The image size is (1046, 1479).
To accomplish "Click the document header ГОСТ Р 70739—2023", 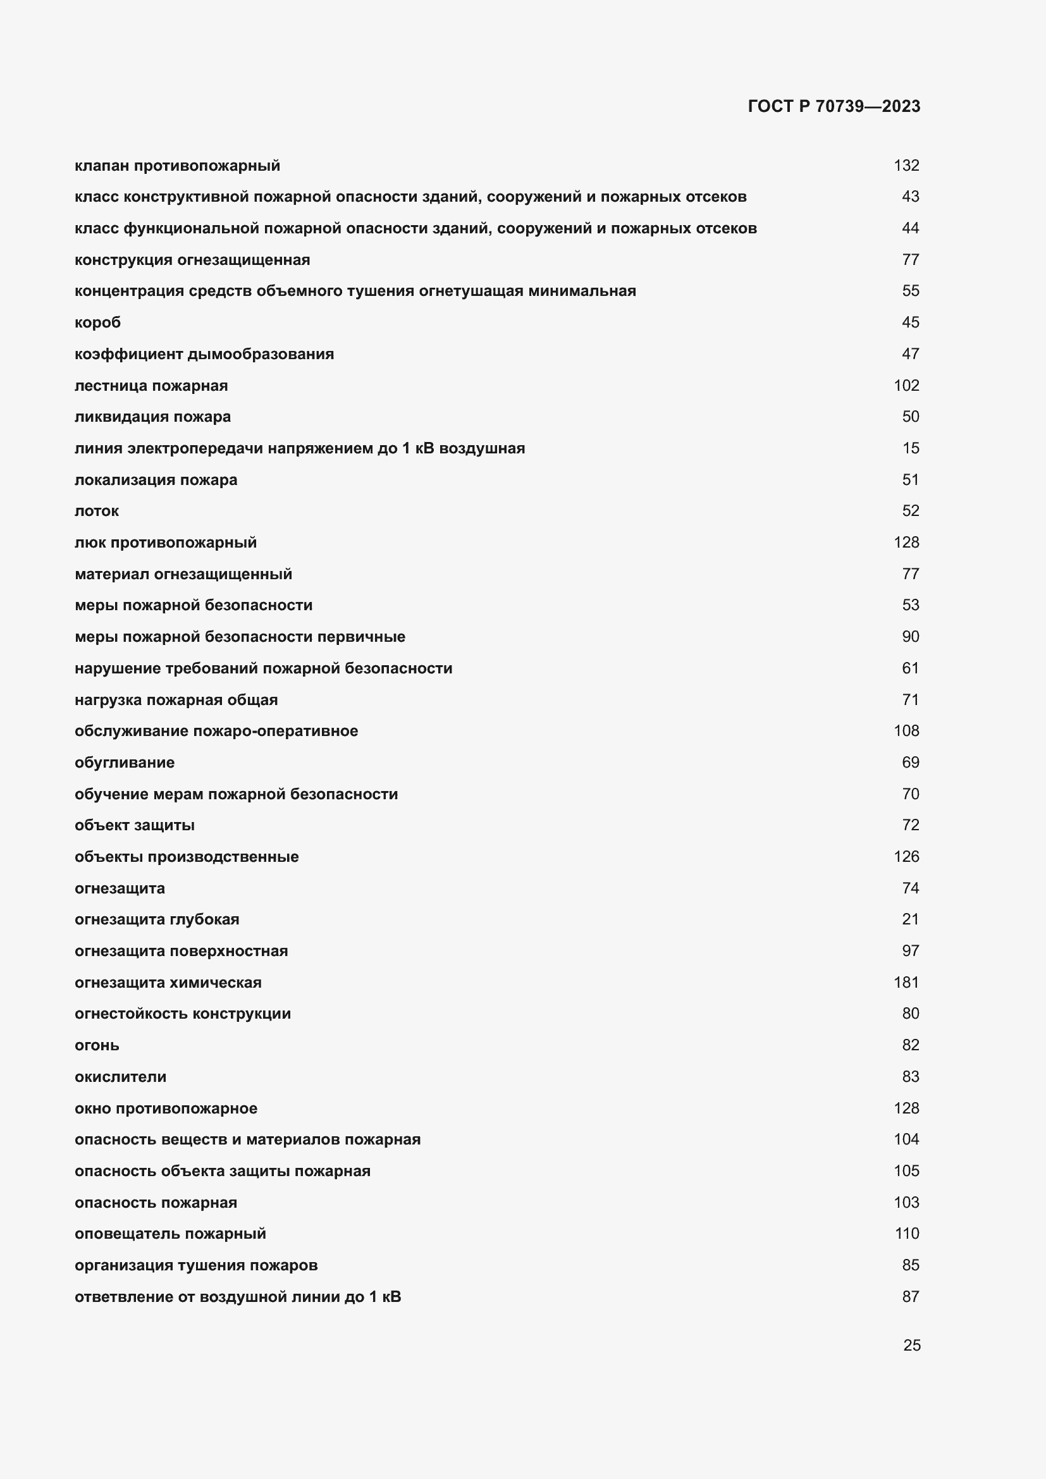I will click(x=834, y=106).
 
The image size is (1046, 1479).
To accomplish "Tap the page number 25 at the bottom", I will click(x=911, y=1345).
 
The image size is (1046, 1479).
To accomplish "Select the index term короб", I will click(x=97, y=322).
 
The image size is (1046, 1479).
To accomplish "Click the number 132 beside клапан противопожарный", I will click(x=906, y=166).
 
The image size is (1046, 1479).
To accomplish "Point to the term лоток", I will click(x=97, y=511).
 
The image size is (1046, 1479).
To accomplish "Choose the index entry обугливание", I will click(x=125, y=762).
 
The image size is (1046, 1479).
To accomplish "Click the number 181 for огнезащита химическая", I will click(x=906, y=983).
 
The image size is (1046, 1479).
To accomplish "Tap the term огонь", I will click(x=97, y=1045).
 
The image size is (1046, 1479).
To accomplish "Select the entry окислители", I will click(x=120, y=1076).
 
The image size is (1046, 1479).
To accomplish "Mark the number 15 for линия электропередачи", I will click(x=910, y=448).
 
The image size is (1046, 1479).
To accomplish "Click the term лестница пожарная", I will click(x=151, y=385).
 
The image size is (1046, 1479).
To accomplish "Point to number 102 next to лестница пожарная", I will click(x=906, y=385).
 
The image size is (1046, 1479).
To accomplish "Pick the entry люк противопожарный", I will click(x=166, y=543).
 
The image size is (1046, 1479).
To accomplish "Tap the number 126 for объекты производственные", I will click(x=906, y=856).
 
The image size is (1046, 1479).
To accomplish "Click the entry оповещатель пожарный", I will click(x=170, y=1234).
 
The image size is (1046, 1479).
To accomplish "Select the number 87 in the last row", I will click(x=910, y=1297).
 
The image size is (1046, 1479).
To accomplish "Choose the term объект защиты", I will click(x=134, y=825).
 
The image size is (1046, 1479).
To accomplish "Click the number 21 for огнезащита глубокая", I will click(x=910, y=919).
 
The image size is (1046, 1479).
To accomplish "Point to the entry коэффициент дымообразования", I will click(x=204, y=353).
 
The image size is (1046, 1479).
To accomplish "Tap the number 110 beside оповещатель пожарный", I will click(x=906, y=1234).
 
